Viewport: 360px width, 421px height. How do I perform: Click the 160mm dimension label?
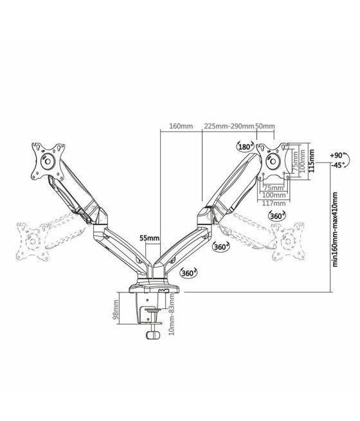coord(181,126)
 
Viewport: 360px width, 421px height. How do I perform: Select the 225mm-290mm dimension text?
coord(229,126)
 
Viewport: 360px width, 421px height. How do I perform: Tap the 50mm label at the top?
coord(265,126)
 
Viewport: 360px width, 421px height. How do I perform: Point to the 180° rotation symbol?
coord(245,146)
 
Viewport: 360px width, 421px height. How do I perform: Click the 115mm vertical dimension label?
coord(312,158)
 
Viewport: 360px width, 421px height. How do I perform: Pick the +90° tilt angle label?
coord(336,156)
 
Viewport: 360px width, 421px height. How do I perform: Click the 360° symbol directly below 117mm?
coord(278,216)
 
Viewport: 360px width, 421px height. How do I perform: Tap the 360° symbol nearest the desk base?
coord(188,273)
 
